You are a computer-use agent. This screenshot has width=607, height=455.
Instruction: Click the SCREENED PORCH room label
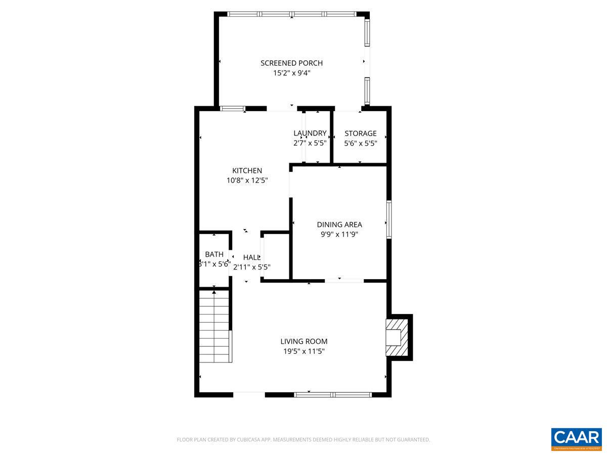click(291, 63)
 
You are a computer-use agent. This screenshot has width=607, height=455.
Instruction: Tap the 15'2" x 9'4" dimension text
click(291, 73)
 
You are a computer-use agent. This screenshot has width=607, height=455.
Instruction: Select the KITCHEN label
click(247, 170)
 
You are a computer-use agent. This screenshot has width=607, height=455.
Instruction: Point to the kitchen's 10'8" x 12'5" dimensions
click(247, 180)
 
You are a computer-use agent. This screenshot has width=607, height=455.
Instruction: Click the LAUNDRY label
click(310, 133)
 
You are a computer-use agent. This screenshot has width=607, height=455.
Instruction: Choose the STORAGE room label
click(361, 133)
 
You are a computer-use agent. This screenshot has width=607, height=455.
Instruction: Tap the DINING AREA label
click(339, 224)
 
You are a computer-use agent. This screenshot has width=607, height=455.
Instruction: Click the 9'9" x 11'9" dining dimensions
click(339, 234)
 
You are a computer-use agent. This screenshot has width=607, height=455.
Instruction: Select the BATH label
click(214, 254)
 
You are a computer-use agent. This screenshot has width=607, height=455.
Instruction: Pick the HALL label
click(251, 257)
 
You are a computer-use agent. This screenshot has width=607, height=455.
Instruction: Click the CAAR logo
click(576, 438)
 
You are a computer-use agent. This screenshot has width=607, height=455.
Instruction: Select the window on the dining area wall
click(389, 219)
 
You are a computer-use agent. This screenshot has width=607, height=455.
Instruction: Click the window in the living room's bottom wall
click(333, 394)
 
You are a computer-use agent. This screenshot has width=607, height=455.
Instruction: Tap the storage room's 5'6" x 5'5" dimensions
click(361, 143)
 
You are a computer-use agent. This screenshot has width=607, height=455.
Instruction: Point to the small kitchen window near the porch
click(233, 108)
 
